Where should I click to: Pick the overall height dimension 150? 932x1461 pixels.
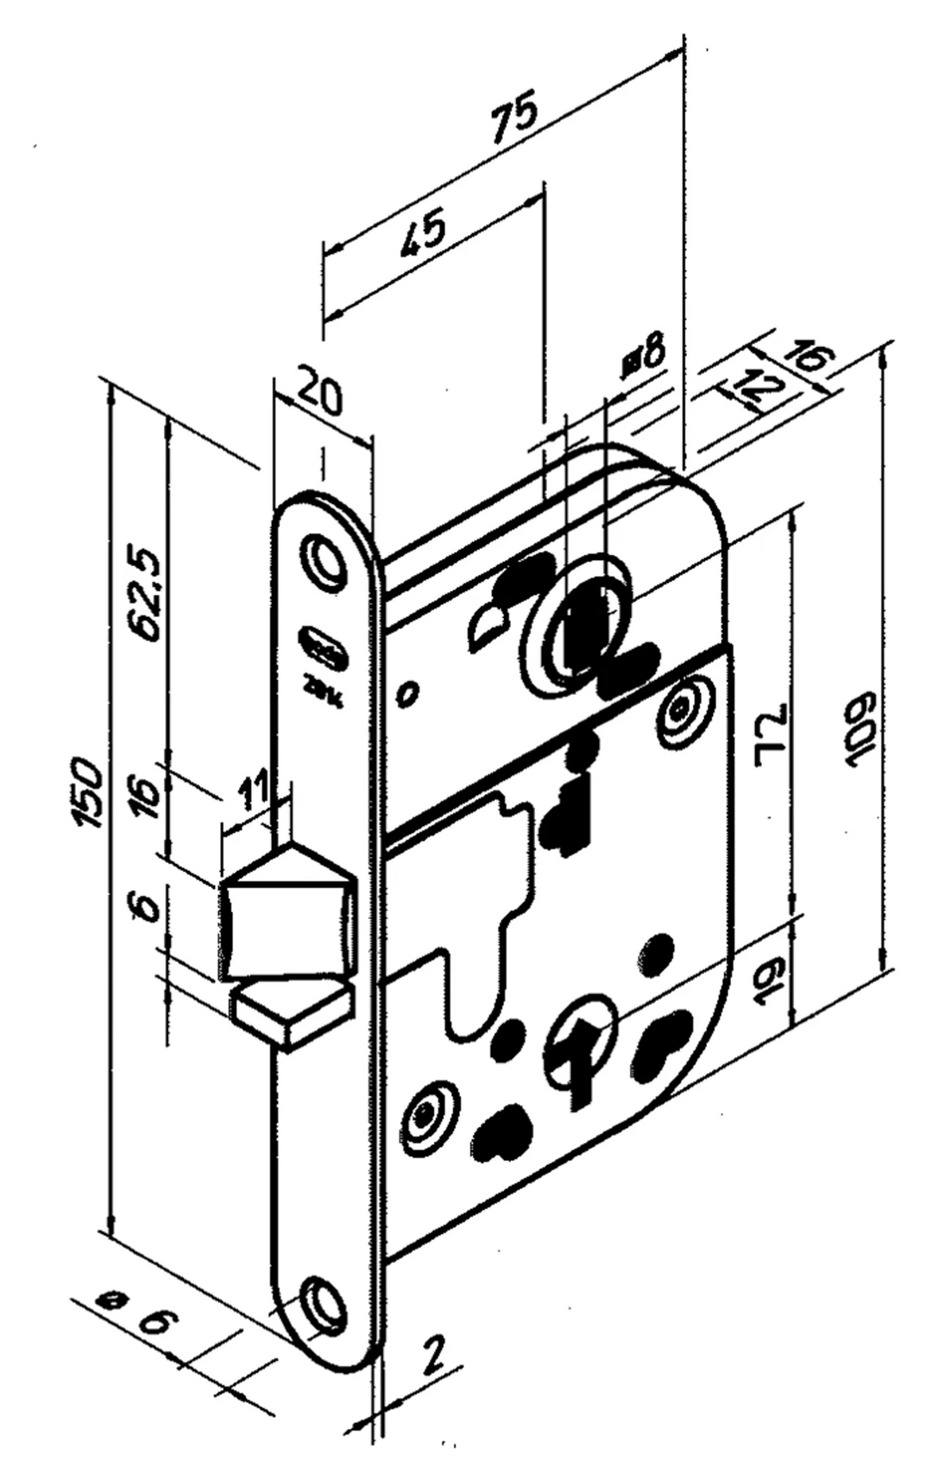click(91, 792)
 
